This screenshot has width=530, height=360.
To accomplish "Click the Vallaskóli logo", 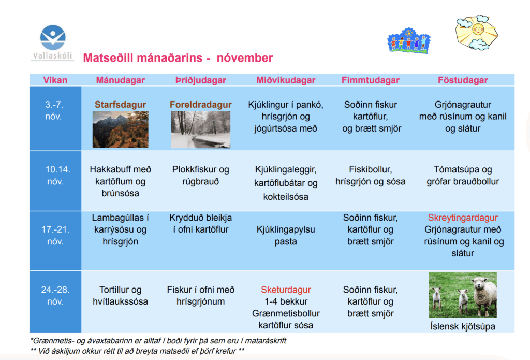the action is click(x=52, y=42).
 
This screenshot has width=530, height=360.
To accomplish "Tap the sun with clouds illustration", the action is click(x=477, y=33).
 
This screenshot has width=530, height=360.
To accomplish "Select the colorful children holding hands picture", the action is click(x=409, y=41).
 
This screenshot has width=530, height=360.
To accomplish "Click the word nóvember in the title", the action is click(x=245, y=58).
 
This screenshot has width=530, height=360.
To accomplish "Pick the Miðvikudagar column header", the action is click(x=286, y=80).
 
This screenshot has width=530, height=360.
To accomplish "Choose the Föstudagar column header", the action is click(x=463, y=80).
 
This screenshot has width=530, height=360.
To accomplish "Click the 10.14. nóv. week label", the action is click(x=56, y=175).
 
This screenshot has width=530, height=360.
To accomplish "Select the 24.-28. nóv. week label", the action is click(x=55, y=295).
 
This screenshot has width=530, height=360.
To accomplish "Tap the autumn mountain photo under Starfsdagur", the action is click(x=120, y=129).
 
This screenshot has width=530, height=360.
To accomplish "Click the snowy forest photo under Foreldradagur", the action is click(x=200, y=129).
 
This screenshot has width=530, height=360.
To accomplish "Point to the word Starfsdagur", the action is click(x=120, y=105).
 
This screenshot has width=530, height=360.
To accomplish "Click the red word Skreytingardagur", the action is click(x=463, y=218).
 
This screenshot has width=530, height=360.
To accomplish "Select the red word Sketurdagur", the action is click(x=286, y=290).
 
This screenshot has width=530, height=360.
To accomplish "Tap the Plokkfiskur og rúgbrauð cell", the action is click(x=200, y=175).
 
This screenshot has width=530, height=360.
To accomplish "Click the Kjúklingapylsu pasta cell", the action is click(x=286, y=236).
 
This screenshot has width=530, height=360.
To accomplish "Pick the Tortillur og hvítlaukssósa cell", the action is click(x=120, y=295).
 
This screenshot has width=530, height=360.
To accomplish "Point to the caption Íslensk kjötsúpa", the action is click(x=463, y=326).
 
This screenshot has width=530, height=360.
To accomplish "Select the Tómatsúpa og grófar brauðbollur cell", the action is click(x=463, y=175).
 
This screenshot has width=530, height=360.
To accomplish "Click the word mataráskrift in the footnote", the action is click(x=266, y=341).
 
